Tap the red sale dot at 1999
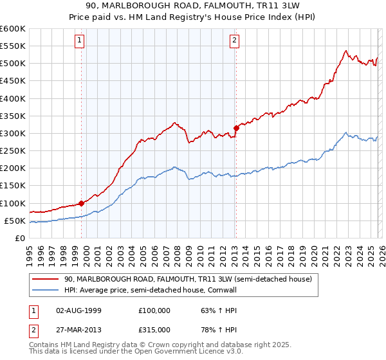click(x=81, y=203)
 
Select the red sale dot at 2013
click(x=236, y=128)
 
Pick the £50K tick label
click(x=15, y=221)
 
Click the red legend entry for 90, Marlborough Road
click(x=187, y=279)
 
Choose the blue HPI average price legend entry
click(x=170, y=290)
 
